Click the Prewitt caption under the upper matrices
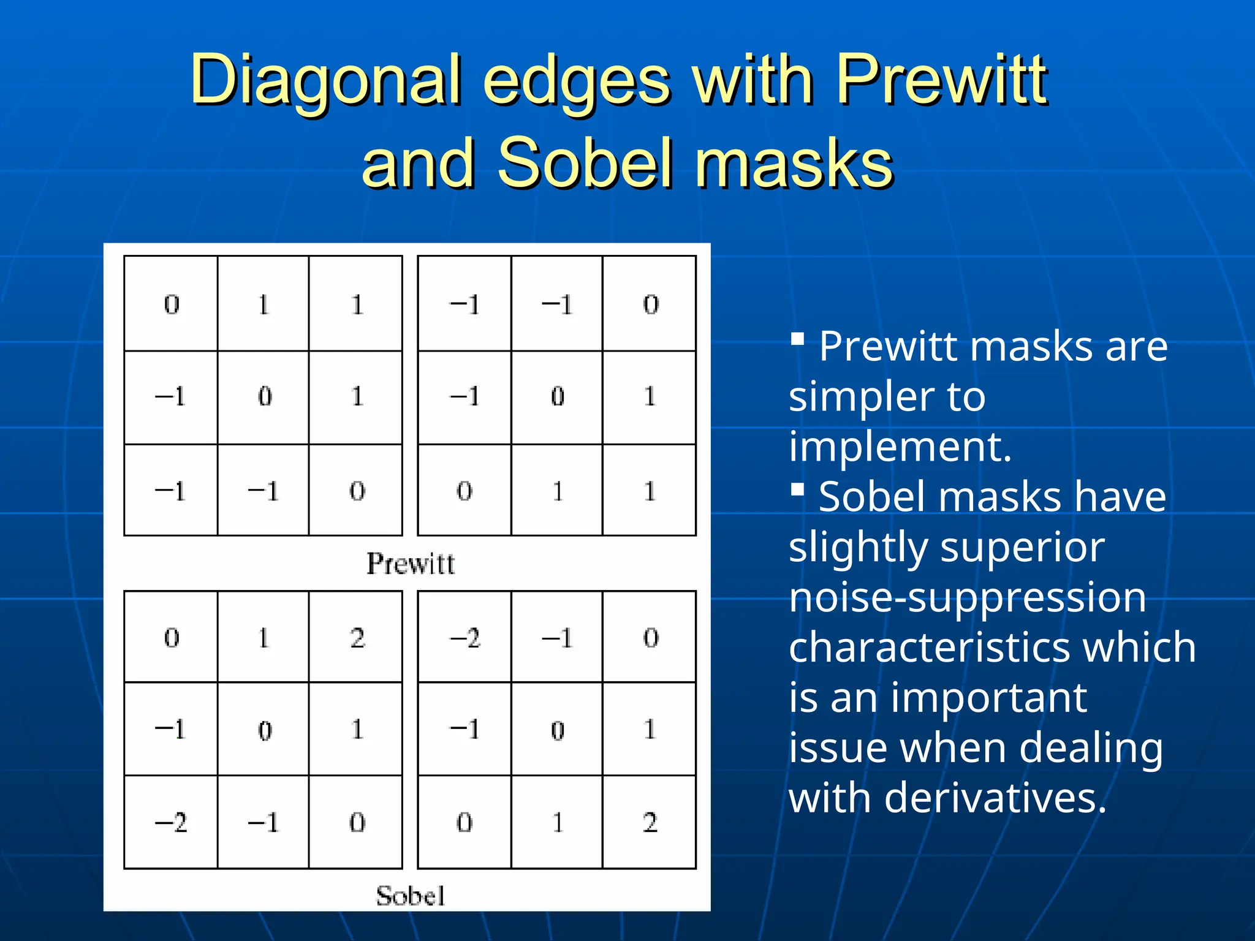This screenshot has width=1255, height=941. [x=411, y=564]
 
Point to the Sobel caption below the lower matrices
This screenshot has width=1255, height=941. [x=411, y=896]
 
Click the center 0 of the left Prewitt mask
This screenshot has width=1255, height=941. [x=265, y=397]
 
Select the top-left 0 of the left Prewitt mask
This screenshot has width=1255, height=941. [x=172, y=304]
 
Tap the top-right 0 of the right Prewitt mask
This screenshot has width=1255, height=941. [x=651, y=304]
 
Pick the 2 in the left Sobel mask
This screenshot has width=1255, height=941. [x=357, y=638]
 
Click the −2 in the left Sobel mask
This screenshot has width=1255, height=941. [x=171, y=822]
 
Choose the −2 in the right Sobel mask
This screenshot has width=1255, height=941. [x=465, y=638]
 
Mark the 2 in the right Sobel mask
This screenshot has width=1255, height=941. [x=650, y=822]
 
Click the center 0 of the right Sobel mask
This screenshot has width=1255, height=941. [x=558, y=730]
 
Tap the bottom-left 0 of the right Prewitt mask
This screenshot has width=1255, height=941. [x=464, y=491]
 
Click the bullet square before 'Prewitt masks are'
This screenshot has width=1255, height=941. [x=797, y=339]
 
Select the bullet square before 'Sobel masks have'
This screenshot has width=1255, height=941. [x=797, y=489]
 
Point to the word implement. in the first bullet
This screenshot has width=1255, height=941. [x=900, y=447]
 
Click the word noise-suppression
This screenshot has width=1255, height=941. [x=968, y=597]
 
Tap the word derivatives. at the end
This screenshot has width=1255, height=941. [x=995, y=798]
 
